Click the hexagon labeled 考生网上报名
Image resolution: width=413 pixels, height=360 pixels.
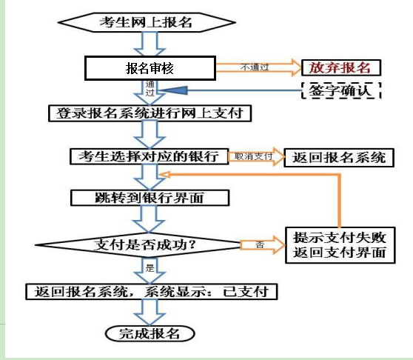tap(147, 22)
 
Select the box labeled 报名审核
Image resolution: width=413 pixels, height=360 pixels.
tap(150, 68)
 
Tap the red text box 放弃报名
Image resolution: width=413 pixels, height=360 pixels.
tap(341, 67)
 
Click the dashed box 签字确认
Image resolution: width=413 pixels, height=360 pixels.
tap(341, 90)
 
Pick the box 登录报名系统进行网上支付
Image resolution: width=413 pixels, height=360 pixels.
tap(150, 113)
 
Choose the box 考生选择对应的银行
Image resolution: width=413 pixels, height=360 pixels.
tap(149, 156)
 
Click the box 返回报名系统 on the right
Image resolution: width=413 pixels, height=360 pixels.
tap(339, 158)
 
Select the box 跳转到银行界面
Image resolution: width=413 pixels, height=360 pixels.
tap(150, 198)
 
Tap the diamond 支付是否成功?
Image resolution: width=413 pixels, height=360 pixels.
tap(138, 245)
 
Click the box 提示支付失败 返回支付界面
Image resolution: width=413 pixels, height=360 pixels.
tap(340, 245)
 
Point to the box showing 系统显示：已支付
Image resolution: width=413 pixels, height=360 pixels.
tap(152, 291)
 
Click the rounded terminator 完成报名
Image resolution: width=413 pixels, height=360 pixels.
tap(150, 333)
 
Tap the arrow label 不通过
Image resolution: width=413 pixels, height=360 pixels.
tap(255, 67)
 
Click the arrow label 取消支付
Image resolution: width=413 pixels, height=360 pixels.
tap(253, 156)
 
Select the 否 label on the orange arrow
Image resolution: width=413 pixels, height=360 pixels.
tap(260, 245)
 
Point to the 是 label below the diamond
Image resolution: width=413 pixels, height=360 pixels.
tap(150, 268)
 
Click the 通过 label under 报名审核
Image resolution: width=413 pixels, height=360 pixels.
tap(150, 89)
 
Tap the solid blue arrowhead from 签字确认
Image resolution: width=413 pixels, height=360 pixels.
tap(174, 90)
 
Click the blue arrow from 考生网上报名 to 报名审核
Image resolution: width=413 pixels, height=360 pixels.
tap(150, 44)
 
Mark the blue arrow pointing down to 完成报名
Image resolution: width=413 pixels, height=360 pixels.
tap(150, 313)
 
